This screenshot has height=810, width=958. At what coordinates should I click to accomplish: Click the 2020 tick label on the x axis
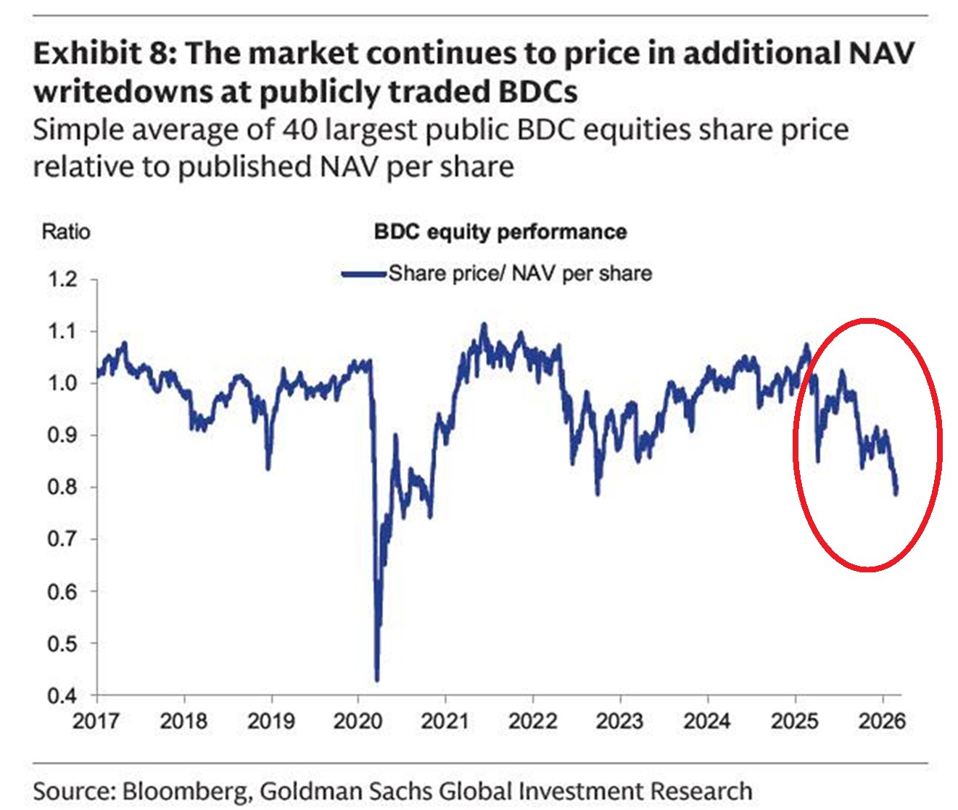[358, 722]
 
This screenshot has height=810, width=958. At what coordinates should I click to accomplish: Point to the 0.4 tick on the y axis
[62, 696]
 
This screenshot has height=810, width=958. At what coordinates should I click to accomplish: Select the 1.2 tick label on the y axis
[62, 279]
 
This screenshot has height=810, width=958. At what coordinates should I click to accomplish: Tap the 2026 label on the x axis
[882, 722]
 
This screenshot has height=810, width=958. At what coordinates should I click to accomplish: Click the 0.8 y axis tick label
[62, 488]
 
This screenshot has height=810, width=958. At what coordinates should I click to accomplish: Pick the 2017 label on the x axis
[97, 722]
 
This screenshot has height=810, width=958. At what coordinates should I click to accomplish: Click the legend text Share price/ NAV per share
[520, 274]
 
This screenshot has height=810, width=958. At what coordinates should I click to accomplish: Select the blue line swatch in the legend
[364, 274]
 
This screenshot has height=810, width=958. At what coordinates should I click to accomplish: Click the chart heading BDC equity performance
[500, 232]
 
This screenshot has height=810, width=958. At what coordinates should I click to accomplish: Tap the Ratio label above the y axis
[66, 232]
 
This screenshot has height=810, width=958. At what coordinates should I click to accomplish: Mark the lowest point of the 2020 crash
[377, 680]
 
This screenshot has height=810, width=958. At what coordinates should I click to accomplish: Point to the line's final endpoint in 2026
[896, 493]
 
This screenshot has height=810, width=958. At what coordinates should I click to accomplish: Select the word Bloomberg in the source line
[183, 790]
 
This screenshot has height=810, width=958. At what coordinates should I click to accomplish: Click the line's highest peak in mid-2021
[484, 325]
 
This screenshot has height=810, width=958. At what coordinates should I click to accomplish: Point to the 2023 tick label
[620, 722]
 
